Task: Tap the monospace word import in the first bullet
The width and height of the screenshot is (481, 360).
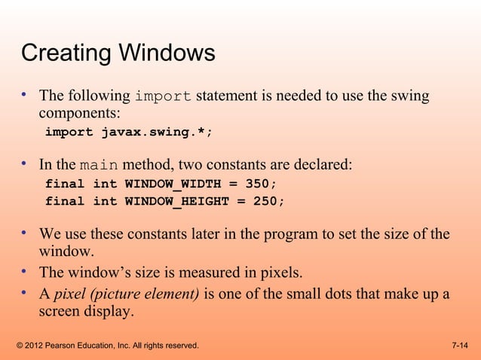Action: pyautogui.click(x=162, y=97)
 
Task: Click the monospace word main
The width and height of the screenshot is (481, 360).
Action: pyautogui.click(x=99, y=165)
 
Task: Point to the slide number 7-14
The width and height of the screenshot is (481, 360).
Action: pyautogui.click(x=459, y=346)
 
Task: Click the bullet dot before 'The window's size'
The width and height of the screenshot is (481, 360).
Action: pyautogui.click(x=25, y=270)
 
